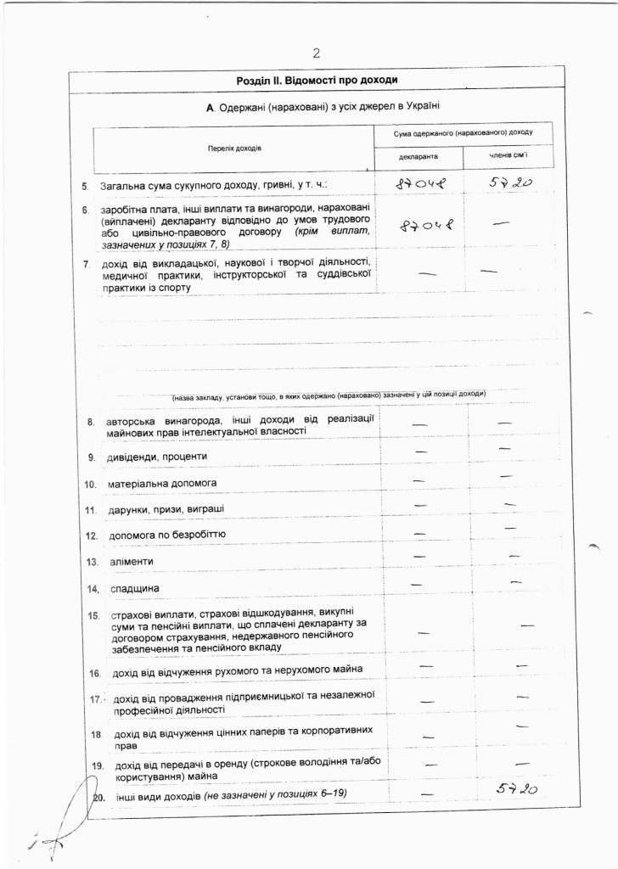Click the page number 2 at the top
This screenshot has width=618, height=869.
tap(316, 53)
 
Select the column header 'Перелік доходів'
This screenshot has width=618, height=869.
tap(235, 148)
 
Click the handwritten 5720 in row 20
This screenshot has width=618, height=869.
tap(517, 790)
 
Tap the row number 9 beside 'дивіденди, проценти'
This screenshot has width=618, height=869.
tap(91, 457)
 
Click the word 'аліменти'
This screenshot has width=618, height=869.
tap(132, 562)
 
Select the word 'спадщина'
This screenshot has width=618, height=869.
tap(134, 589)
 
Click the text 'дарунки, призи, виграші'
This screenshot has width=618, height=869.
tap(166, 510)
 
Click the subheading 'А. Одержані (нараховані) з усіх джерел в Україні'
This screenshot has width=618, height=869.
tap(323, 108)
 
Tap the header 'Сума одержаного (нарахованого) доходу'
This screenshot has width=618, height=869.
tap(463, 134)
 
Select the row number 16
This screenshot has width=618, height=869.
tap(95, 673)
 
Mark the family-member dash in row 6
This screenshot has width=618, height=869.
tap(501, 223)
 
